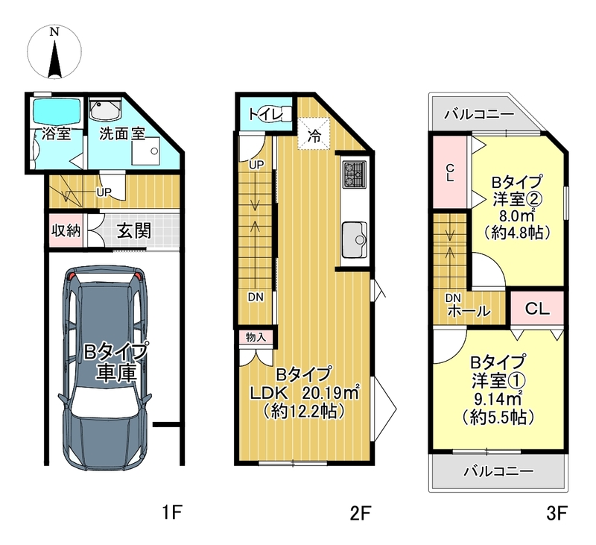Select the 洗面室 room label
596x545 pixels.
pyautogui.click(x=122, y=136)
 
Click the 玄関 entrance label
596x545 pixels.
pyautogui.click(x=133, y=230)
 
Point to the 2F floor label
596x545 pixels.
pyautogui.click(x=361, y=513)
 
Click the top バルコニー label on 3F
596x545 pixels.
pyautogui.click(x=478, y=115)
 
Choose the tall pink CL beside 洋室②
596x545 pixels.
pyautogui.click(x=450, y=172)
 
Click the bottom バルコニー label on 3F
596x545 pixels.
pyautogui.click(x=498, y=471)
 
